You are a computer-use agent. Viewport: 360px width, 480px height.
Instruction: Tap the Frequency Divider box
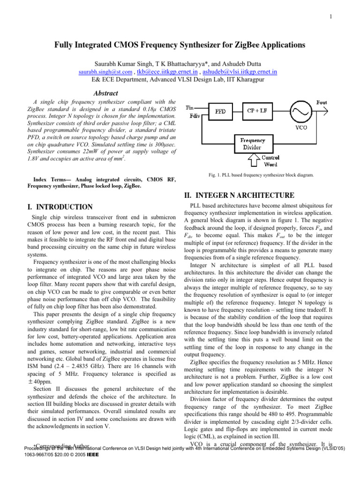click(252, 143)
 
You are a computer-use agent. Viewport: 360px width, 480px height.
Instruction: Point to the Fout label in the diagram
click(322, 102)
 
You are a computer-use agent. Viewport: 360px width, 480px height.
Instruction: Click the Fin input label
click(191, 108)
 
